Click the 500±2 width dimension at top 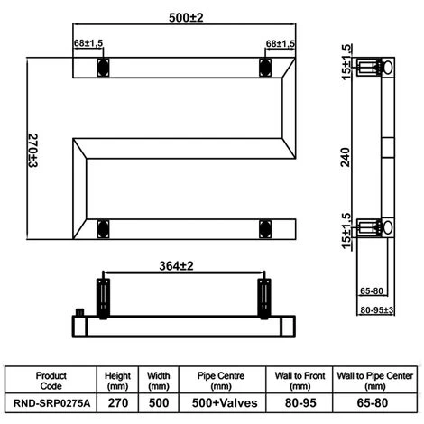[x=184, y=17]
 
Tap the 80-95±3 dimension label [x=376, y=310]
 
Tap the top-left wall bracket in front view [x=103, y=66]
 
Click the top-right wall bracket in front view [x=264, y=66]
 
